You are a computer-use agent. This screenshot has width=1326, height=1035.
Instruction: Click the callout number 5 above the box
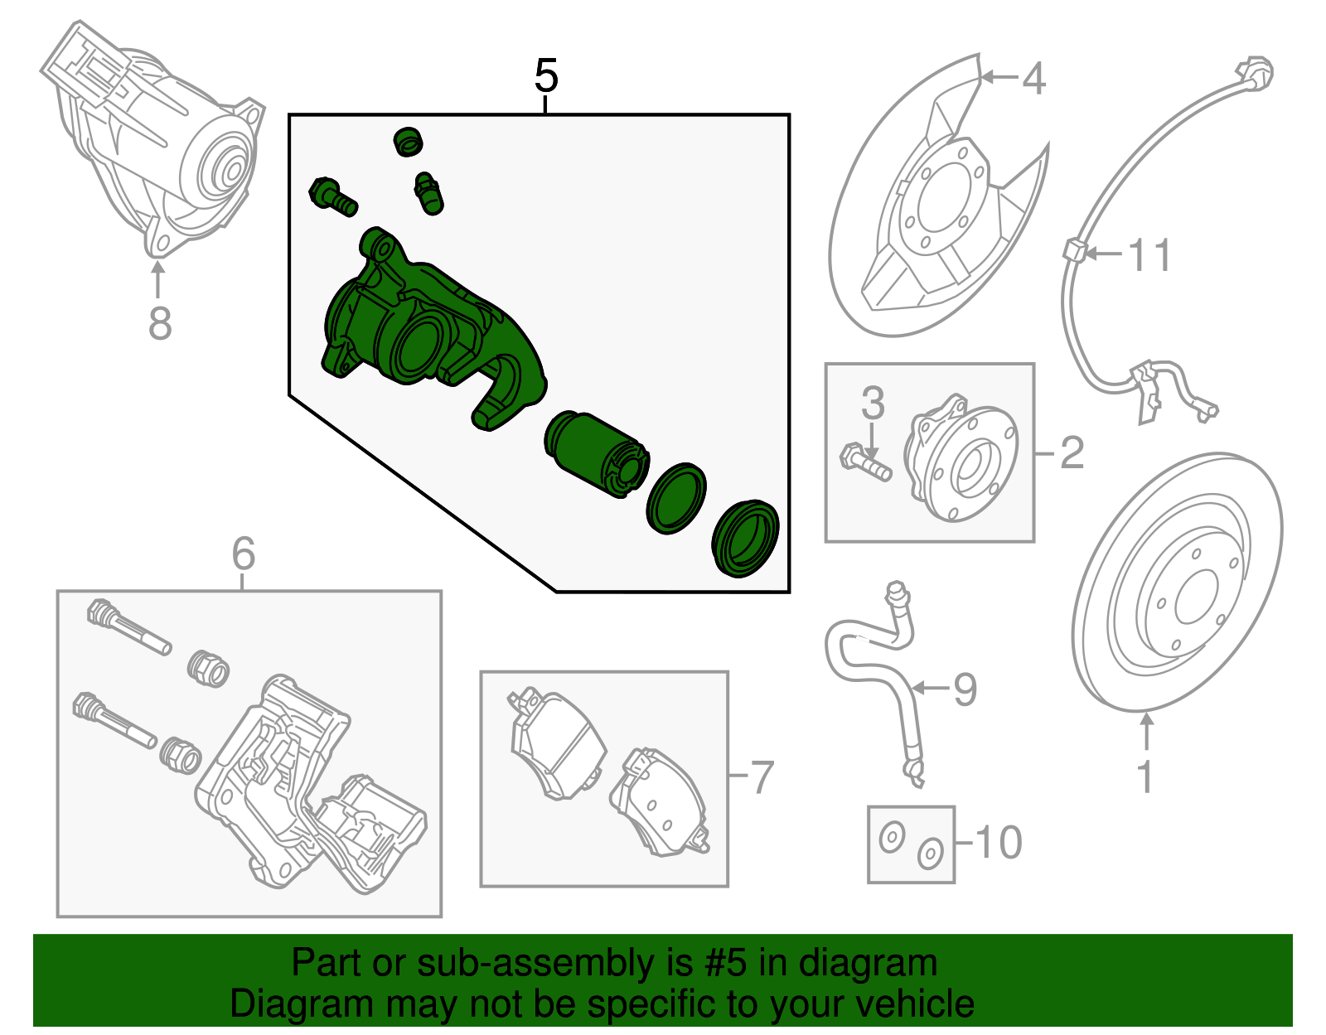tap(546, 76)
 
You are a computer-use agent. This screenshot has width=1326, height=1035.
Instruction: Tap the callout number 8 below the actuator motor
tap(160, 323)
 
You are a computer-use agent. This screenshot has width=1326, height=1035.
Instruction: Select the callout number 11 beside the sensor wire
tap(1150, 255)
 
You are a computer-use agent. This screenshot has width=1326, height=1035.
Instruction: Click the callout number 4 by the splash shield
tap(1033, 79)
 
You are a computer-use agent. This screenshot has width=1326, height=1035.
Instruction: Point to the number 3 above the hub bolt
tap(873, 404)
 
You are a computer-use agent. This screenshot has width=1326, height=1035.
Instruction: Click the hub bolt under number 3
tap(865, 462)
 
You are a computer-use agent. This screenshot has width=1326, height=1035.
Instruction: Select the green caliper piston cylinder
tap(596, 455)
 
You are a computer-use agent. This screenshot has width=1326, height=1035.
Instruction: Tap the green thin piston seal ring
tap(675, 498)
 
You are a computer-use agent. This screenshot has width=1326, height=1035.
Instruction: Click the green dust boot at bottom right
tap(745, 539)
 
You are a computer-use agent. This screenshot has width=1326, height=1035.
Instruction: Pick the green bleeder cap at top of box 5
tap(408, 141)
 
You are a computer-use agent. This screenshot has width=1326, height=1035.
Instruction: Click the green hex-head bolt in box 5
tap(332, 196)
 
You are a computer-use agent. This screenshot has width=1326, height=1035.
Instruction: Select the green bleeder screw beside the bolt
tap(428, 193)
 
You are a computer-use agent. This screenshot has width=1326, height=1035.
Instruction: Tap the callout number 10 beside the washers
tap(998, 843)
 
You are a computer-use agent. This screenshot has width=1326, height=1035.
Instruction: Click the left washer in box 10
tap(892, 838)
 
